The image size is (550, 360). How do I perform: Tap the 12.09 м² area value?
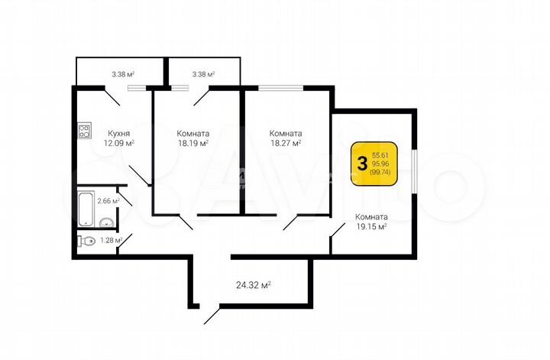coord(119,142)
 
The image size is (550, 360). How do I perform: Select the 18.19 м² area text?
coord(192,142)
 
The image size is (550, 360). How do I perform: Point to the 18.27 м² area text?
coord(284,142)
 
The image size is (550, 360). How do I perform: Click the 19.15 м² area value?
coord(371,226)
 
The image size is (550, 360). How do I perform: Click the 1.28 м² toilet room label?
coord(112,241)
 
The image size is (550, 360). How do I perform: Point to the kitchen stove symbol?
coord(84,131)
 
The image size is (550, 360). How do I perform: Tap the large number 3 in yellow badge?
coord(361,163)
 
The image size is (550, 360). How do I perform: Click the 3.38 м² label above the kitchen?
coord(122,74)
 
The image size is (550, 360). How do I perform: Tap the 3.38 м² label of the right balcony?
coord(203,74)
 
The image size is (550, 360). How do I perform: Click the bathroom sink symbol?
coord(107,222)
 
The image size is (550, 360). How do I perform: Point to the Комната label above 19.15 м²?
coord(371,216)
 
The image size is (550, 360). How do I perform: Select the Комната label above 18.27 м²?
coord(284,132)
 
